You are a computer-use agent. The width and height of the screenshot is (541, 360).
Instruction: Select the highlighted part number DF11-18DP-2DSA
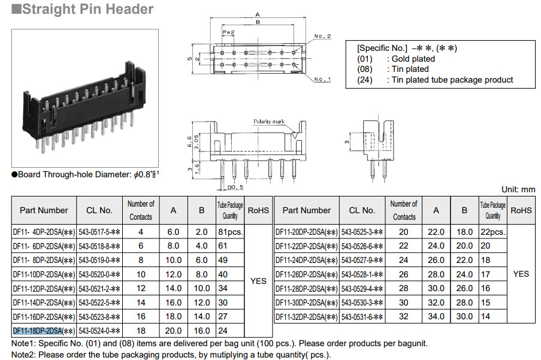point(43,331)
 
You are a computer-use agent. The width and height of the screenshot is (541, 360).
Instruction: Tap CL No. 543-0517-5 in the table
point(100,232)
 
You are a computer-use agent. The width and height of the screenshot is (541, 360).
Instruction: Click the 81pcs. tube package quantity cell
point(230,232)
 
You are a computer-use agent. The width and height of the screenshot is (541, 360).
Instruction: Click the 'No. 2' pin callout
point(322,36)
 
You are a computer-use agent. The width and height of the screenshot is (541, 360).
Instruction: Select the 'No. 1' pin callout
point(322,79)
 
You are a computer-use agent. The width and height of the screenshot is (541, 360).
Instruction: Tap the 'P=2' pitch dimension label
point(228,32)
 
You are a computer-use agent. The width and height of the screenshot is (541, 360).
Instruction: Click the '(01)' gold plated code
point(365,59)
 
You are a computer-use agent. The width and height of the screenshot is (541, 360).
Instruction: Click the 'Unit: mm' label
point(518,189)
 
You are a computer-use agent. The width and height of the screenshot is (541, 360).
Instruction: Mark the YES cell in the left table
point(258,281)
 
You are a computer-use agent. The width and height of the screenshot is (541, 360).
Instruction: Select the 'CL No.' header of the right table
point(362,210)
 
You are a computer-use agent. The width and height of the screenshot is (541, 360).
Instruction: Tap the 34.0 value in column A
point(436,316)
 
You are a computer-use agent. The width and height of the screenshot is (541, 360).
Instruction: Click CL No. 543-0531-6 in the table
point(362,316)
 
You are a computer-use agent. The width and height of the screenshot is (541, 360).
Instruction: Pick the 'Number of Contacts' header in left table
point(141,210)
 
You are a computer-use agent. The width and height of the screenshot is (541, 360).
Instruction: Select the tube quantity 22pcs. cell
point(492,232)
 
